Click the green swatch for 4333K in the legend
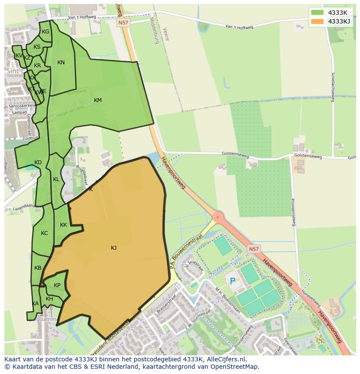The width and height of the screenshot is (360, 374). (x=317, y=12)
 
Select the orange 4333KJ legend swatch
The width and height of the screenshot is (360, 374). (x=317, y=21)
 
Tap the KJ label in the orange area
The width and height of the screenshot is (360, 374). (x=113, y=248)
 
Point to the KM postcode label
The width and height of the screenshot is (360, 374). (x=98, y=100)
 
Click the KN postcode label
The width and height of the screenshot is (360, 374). (x=61, y=63)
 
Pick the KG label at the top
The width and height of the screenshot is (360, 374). (x=45, y=32)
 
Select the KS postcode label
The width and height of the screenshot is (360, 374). (x=37, y=47)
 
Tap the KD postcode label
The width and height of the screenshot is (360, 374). (x=38, y=162)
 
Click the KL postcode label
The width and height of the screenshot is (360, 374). (x=56, y=179)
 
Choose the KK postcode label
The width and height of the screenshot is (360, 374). (x=63, y=225)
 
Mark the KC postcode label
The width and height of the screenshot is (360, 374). (x=44, y=233)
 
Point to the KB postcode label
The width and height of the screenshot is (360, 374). (x=38, y=268)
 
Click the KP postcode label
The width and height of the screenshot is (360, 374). (x=57, y=285)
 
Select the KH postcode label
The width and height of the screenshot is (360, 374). (x=49, y=299)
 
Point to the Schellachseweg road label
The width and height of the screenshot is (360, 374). (x=333, y=87)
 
